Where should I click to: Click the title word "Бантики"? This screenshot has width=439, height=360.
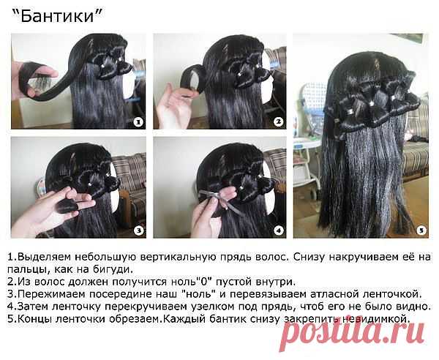[x=57, y=15]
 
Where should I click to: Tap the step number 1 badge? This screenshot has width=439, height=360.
[x=138, y=122]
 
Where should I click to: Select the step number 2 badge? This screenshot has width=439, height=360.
[x=278, y=121]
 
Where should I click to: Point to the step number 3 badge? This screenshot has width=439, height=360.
[x=138, y=230]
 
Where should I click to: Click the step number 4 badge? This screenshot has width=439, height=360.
[x=278, y=230]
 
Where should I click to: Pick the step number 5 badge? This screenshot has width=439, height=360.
[x=421, y=230]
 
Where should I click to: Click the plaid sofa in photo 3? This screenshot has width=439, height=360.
[x=130, y=182]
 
